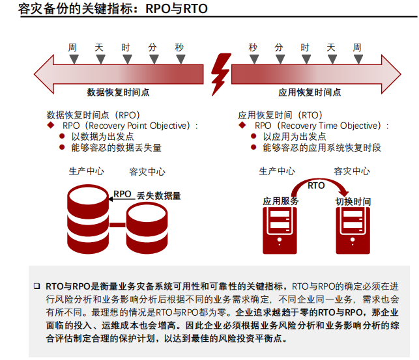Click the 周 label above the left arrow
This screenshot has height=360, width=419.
[x=72, y=48]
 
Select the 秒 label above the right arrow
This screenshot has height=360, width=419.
[x=253, y=48]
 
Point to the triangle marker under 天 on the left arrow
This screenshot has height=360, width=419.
[x=99, y=59]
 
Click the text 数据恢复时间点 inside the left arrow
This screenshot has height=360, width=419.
[x=118, y=92]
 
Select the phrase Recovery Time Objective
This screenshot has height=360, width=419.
[x=330, y=126]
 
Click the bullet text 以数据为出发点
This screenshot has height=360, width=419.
[x=102, y=137]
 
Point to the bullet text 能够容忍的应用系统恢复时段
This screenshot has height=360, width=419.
[x=322, y=148]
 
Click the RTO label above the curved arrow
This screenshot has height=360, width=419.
[x=316, y=186]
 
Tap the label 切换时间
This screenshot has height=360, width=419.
[x=353, y=202]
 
